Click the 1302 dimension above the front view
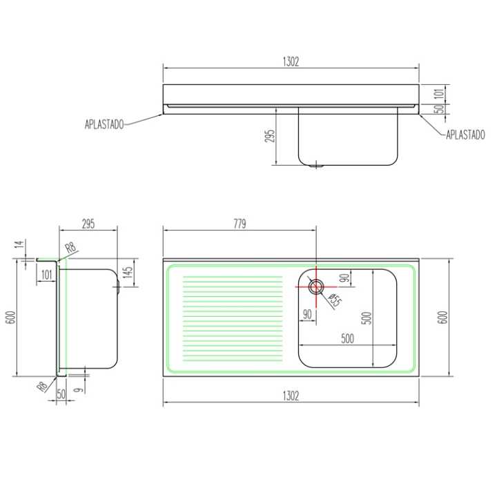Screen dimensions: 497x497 (x=291, y=61)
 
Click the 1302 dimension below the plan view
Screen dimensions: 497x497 (x=291, y=396)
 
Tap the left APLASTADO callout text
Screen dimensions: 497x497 (x=104, y=124)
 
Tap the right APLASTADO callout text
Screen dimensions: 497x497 (x=465, y=135)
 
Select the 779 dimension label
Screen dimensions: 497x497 (x=240, y=224)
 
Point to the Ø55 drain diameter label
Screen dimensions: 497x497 (x=335, y=301)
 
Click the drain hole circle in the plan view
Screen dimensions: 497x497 (x=315, y=287)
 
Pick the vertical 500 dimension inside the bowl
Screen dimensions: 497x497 (x=366, y=318)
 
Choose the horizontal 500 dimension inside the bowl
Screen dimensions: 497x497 (x=347, y=338)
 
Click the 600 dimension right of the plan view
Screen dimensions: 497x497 (x=442, y=318)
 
